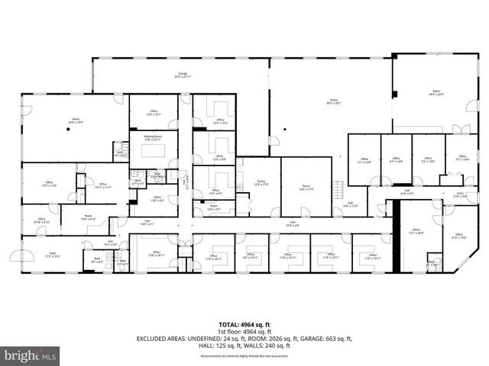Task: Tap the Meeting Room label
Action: [153, 138]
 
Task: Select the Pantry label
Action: [260, 183]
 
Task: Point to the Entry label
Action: [460, 195]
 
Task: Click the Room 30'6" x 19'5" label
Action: [76, 120]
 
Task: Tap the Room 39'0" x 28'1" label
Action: [333, 101]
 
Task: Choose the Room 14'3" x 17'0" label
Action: [306, 188]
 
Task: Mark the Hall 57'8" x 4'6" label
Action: [293, 224]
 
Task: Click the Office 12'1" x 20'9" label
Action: [416, 231]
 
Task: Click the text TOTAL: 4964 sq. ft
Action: [244, 324]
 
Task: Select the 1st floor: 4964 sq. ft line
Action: [244, 331]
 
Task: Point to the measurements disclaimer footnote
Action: [244, 356]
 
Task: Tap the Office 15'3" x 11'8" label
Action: [49, 185]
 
